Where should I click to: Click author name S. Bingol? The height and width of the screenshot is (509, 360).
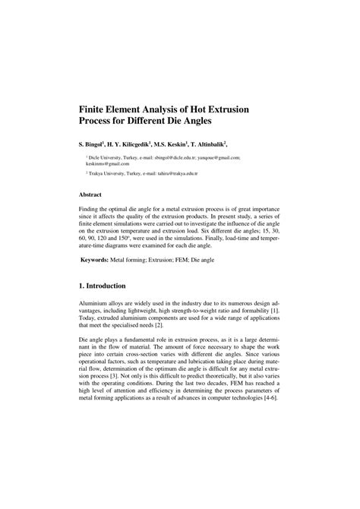(x=96, y=143)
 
